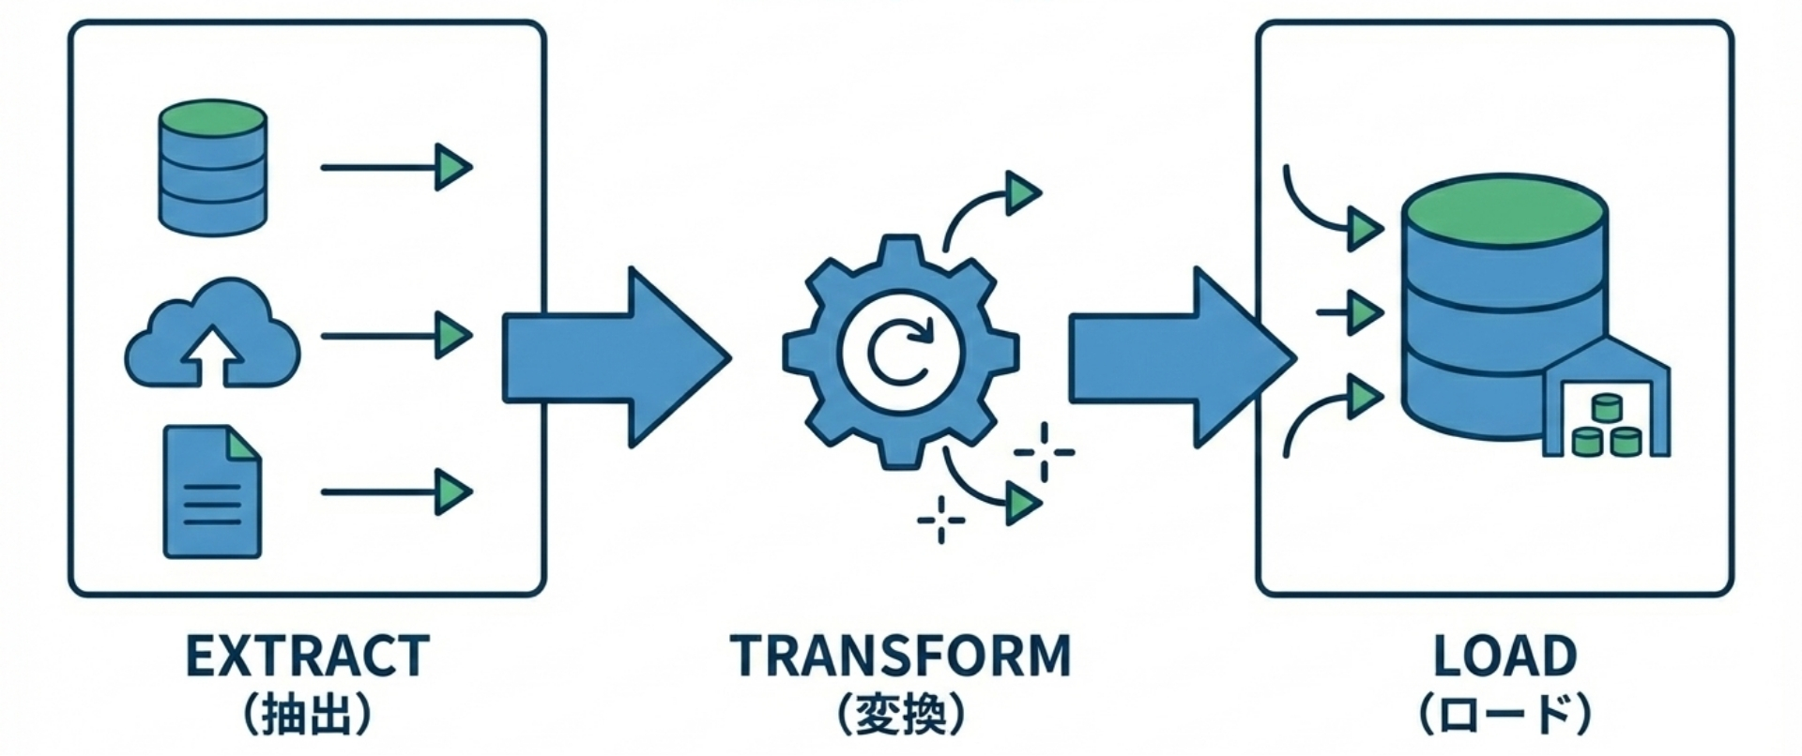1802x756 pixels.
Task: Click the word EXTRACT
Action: tap(308, 656)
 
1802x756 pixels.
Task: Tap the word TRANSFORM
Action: tap(900, 656)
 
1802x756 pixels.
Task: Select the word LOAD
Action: tap(1504, 656)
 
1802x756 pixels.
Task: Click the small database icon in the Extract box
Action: tap(213, 167)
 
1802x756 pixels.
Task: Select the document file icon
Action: tap(212, 492)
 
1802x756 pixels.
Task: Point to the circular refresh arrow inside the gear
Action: tap(900, 351)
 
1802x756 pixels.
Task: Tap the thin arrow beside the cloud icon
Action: tap(394, 335)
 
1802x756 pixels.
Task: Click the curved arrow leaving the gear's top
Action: tap(985, 206)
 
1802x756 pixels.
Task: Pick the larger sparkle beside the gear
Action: tap(1044, 452)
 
